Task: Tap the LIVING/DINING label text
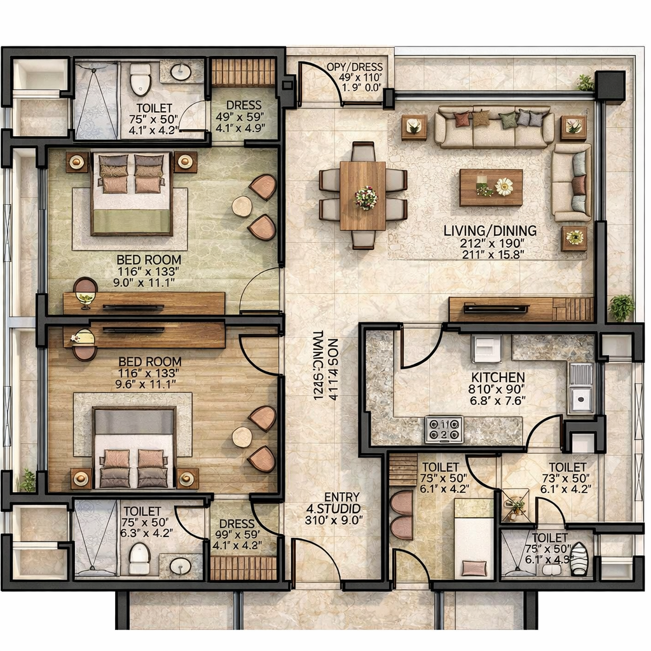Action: [x=490, y=230]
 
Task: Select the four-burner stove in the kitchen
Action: [x=444, y=429]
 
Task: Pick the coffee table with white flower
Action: [x=491, y=188]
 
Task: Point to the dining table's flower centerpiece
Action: [x=366, y=197]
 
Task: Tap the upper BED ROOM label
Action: [x=149, y=259]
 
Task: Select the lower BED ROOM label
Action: [x=149, y=361]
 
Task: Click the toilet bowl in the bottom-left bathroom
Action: [x=139, y=558]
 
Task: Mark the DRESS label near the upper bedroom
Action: [x=243, y=105]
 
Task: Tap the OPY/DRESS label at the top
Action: [x=355, y=67]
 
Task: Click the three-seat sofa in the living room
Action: [x=494, y=127]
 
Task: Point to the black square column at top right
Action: [x=610, y=86]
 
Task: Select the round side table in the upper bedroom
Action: [x=242, y=207]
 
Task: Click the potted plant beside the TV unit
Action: [x=621, y=308]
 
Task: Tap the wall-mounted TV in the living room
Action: [x=496, y=309]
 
